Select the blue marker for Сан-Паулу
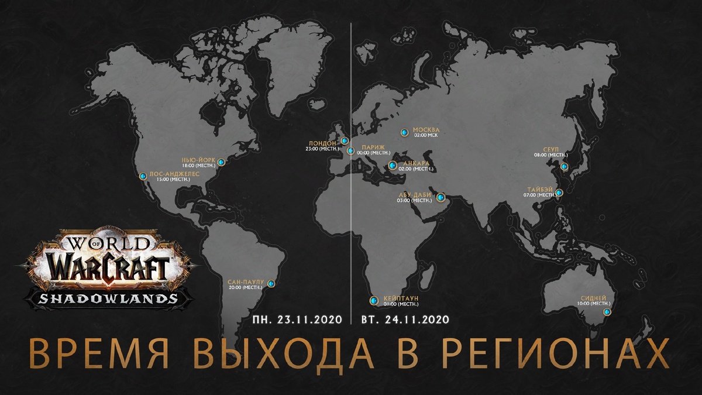point(271,284)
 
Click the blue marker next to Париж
point(350,150)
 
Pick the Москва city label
point(426,129)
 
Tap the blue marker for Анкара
point(392,165)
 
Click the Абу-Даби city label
point(414,195)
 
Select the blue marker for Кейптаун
point(374,301)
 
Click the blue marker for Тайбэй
point(559,193)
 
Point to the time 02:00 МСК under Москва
point(426,135)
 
